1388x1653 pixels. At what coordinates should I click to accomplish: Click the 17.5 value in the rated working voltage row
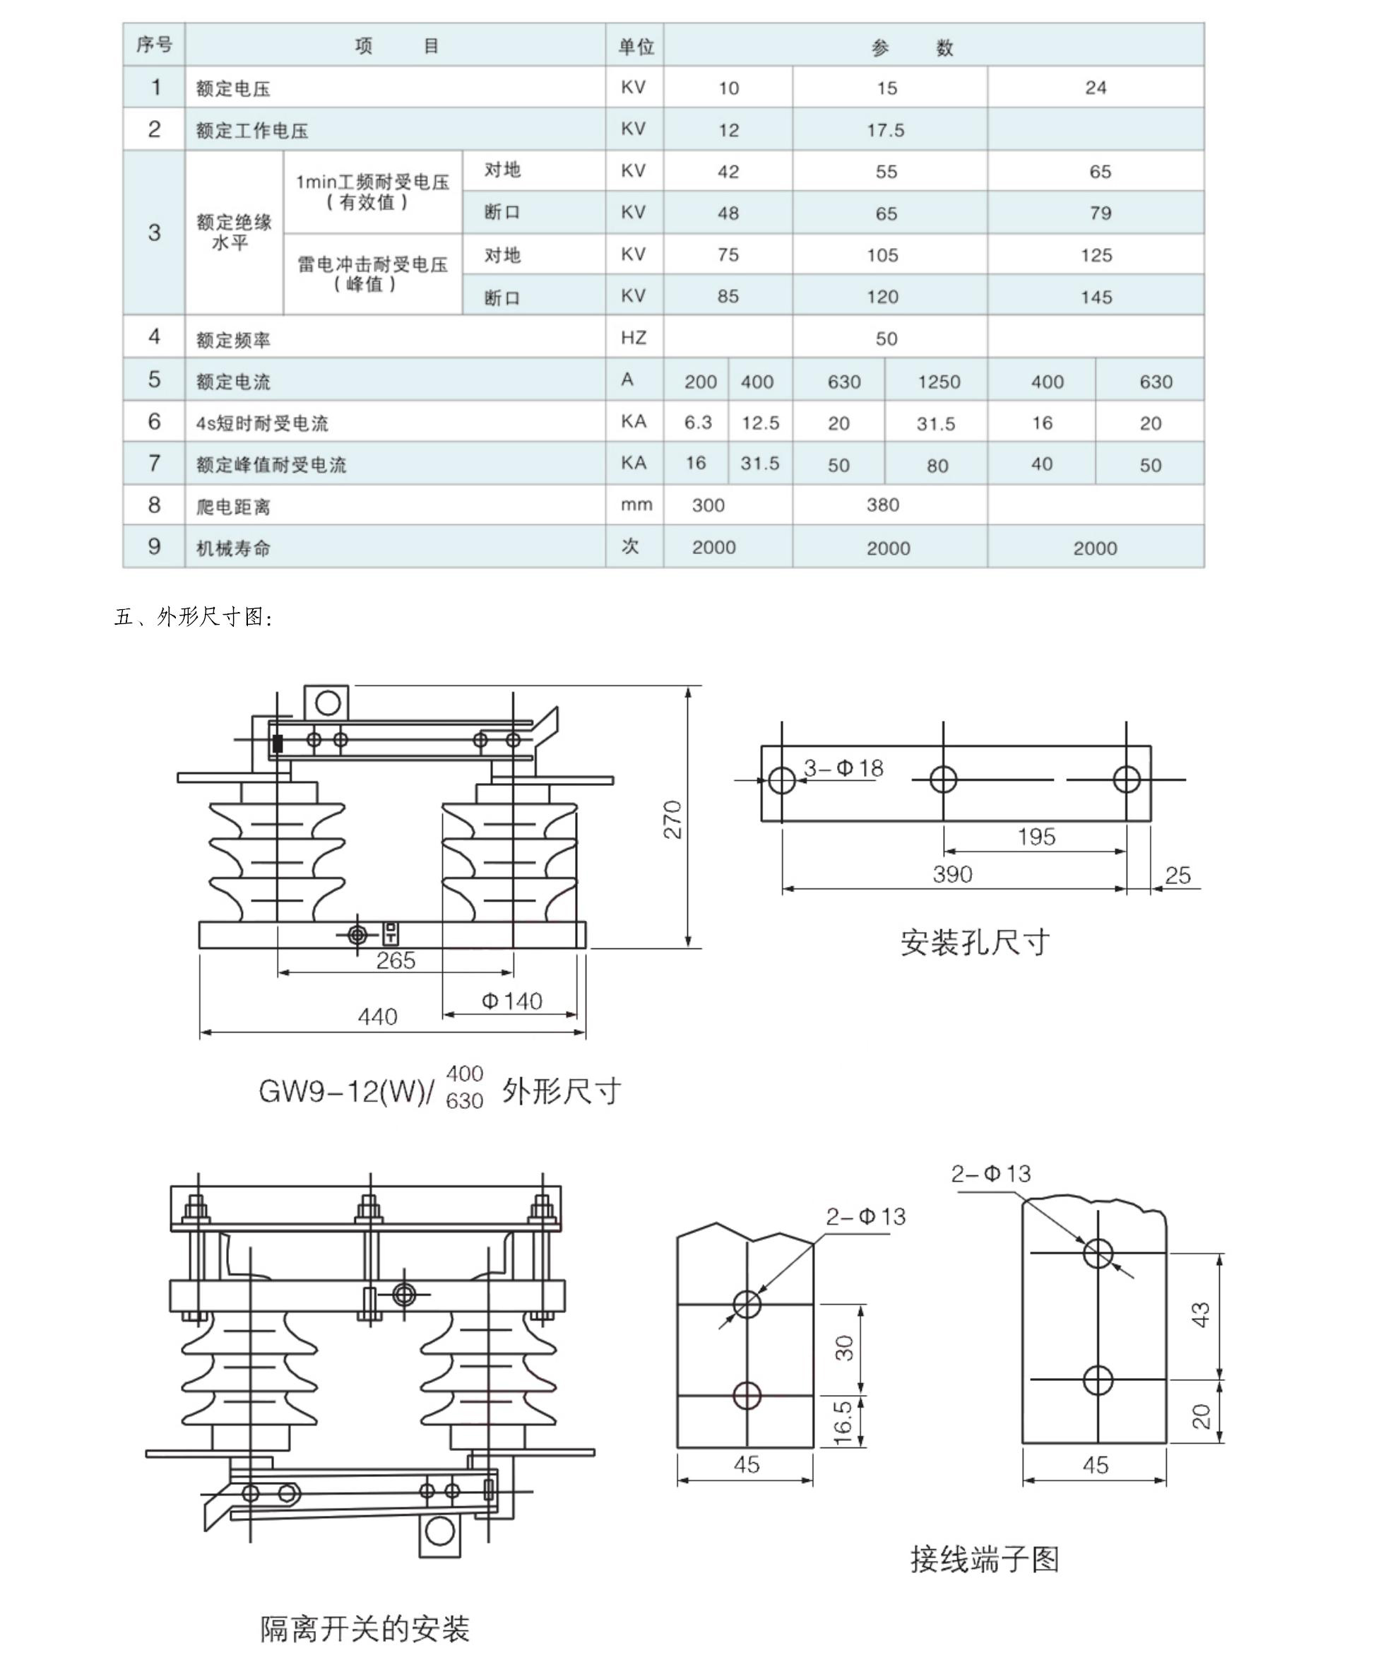pos(885,130)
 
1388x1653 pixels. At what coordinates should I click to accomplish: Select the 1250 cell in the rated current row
pos(939,382)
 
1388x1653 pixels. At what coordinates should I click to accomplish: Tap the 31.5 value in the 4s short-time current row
pos(935,423)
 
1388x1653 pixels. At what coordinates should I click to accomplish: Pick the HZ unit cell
pos(634,338)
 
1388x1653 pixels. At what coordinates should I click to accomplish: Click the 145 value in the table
pos(1096,297)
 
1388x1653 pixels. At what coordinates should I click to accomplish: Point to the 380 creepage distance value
pos(883,505)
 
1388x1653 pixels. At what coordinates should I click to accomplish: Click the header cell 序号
pos(154,45)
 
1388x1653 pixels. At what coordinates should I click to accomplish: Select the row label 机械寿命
pos(233,548)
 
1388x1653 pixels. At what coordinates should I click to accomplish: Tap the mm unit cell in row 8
pos(636,505)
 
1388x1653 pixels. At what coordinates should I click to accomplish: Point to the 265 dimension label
pos(395,960)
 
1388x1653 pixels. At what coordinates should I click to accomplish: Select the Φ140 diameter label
pos(511,1001)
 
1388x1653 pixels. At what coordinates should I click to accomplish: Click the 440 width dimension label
pos(377,1016)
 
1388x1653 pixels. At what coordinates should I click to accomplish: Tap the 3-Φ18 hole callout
pos(843,767)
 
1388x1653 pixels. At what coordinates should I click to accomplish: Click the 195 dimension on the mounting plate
pos(1036,837)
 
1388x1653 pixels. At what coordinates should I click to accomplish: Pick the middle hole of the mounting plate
pos(944,780)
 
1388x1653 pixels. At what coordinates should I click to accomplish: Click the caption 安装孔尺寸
pos(975,942)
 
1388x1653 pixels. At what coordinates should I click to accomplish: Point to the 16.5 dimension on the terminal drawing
pos(843,1422)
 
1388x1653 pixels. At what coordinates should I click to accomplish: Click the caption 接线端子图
pos(985,1558)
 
